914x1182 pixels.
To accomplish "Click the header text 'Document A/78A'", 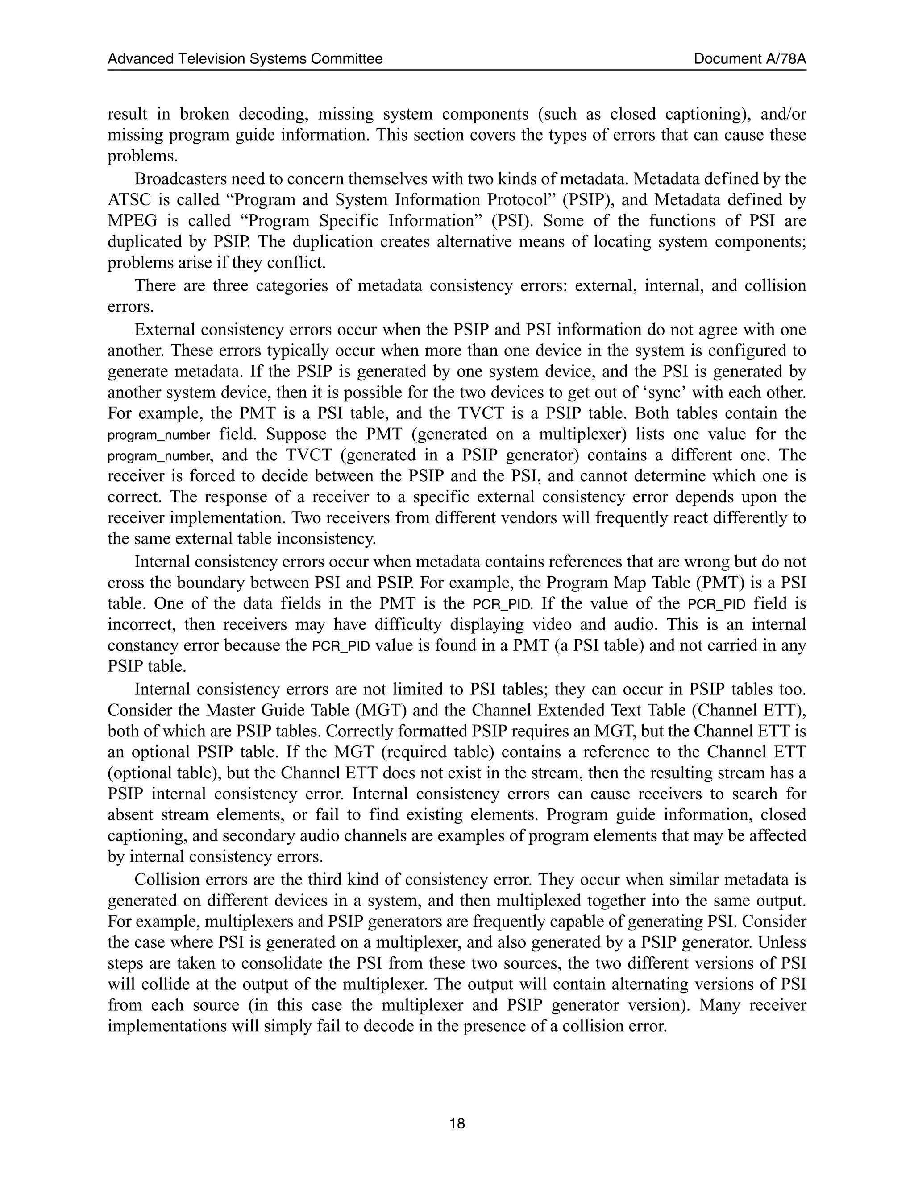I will tap(749, 59).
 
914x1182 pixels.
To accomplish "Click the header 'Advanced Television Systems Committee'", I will tap(245, 59).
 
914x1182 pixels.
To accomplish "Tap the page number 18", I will tap(457, 1124).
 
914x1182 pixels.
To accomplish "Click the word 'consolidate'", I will tap(295, 963).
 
